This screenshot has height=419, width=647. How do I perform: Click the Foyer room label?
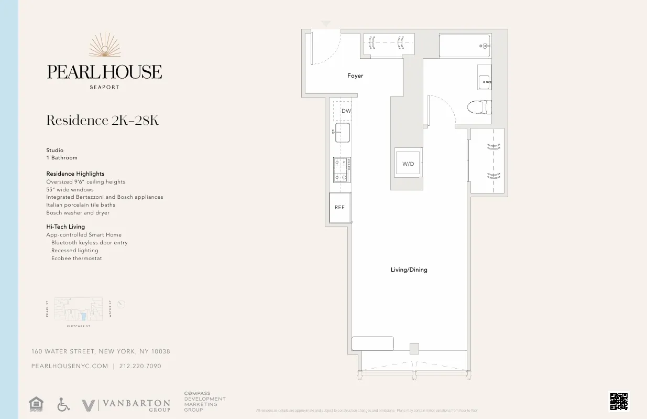point(355,76)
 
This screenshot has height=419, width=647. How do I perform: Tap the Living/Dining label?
point(409,270)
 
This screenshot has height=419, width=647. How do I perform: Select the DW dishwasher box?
point(346,111)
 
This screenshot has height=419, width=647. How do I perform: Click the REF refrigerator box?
point(340,208)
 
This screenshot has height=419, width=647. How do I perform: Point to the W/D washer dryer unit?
point(408,164)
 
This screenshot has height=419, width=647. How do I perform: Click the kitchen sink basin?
point(342,133)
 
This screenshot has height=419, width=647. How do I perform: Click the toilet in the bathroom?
point(479,107)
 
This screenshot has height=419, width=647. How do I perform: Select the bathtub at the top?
point(464,46)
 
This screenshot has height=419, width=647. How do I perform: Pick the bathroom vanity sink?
point(485,82)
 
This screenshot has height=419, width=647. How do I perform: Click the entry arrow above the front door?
point(326,24)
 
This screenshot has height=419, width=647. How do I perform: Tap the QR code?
point(619,401)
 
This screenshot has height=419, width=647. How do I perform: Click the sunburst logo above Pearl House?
point(105,46)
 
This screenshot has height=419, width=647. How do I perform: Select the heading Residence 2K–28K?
point(103,121)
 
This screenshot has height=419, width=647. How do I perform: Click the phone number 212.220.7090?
point(141,366)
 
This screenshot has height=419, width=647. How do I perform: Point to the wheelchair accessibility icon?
point(63,404)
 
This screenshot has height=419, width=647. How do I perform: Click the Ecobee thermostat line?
point(76,259)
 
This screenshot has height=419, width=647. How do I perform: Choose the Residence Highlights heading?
point(75,174)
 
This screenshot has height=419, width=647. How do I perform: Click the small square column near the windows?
point(414,348)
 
